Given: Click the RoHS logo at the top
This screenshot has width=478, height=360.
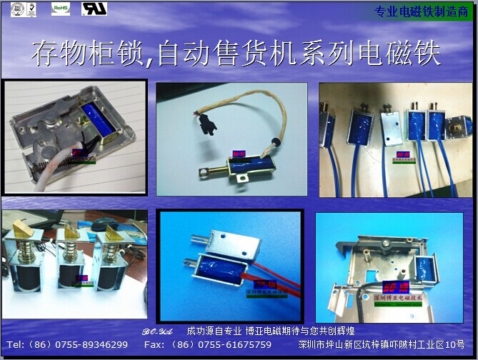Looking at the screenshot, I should pyautogui.click(x=61, y=9).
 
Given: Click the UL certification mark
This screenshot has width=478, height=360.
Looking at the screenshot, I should pyautogui.click(x=94, y=9).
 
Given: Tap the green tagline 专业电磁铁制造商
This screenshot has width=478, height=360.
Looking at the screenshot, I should pyautogui.click(x=422, y=11).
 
